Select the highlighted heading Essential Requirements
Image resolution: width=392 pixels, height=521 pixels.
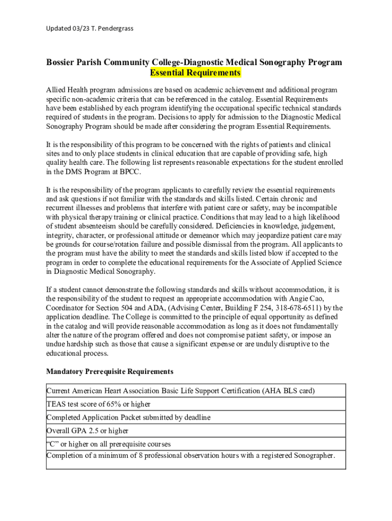click(x=195, y=73)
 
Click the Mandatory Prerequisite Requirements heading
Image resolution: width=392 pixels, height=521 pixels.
click(x=109, y=371)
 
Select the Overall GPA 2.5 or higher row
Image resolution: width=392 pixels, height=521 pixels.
click(x=88, y=430)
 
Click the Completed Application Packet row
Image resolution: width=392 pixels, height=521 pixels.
click(x=128, y=417)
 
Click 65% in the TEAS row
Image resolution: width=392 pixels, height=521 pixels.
click(x=115, y=404)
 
